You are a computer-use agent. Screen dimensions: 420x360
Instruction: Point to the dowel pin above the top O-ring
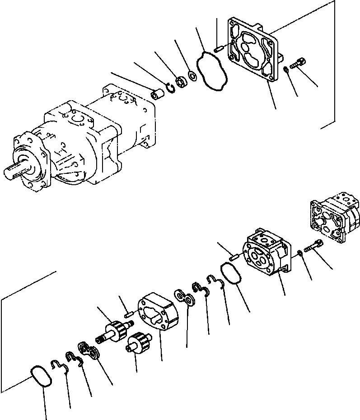(x=219, y=47)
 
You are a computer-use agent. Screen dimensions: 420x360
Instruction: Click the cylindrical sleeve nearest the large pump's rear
(x=158, y=96)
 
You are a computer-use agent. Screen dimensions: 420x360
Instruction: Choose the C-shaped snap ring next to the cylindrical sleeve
(x=170, y=88)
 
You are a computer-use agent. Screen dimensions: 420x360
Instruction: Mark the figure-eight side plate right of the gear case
(x=187, y=299)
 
